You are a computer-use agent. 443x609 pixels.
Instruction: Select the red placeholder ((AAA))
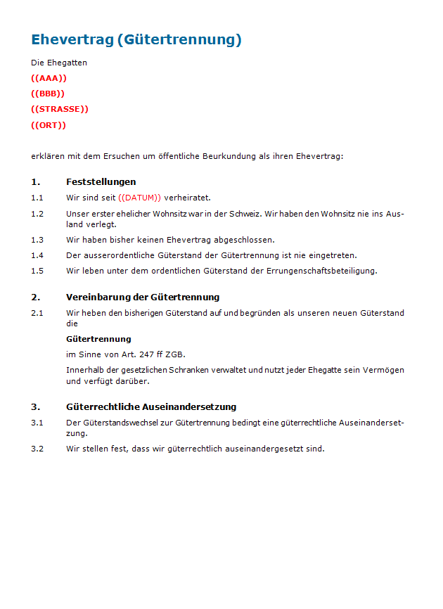[49, 78]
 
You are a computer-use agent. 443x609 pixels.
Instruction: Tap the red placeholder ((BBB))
[48, 94]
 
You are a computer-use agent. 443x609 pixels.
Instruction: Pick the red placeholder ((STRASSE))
[60, 109]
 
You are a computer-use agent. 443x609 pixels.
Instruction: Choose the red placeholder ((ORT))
[49, 125]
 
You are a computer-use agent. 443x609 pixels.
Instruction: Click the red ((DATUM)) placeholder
[140, 198]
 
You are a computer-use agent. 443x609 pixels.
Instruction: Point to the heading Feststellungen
[101, 181]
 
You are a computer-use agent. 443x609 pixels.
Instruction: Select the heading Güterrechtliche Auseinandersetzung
[151, 406]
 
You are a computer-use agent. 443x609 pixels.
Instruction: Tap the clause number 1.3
[37, 240]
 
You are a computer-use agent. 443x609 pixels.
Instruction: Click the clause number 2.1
[37, 313]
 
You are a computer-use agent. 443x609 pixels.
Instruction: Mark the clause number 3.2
[37, 449]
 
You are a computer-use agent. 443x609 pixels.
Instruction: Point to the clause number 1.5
[37, 271]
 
